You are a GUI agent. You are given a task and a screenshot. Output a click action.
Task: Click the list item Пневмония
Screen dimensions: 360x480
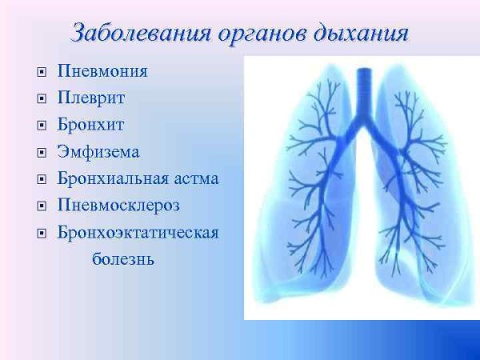(x=102, y=71)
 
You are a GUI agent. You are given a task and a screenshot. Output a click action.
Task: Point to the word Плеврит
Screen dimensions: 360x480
(x=90, y=98)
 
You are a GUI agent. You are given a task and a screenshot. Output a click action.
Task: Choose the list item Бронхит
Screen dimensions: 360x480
(x=90, y=125)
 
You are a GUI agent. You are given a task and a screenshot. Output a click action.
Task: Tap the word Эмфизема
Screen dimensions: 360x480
(x=98, y=151)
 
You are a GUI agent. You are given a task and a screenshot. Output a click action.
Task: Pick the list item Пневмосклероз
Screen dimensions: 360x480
(x=118, y=206)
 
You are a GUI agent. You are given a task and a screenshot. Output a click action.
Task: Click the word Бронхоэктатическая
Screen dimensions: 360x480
(x=138, y=233)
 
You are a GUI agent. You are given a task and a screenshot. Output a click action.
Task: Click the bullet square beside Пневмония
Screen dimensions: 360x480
(x=41, y=72)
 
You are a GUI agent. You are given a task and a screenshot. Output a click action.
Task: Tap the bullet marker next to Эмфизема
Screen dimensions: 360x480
(x=41, y=152)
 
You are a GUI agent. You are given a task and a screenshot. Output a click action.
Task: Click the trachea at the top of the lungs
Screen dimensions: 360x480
(x=364, y=88)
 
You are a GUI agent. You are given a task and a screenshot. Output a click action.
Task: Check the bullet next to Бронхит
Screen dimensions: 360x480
(x=41, y=126)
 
